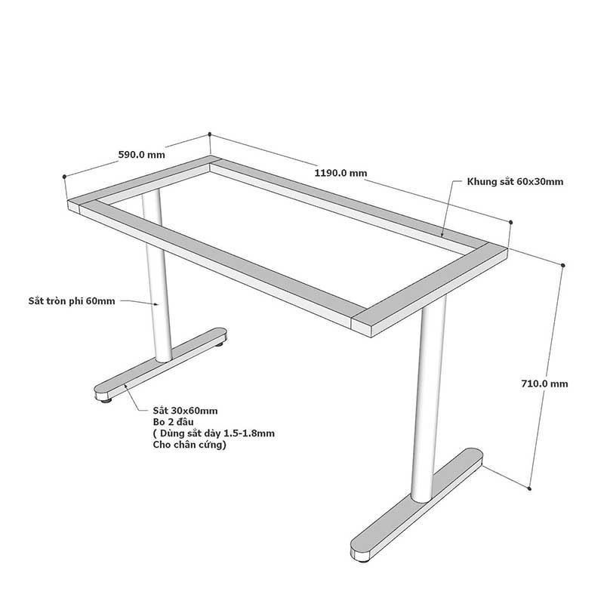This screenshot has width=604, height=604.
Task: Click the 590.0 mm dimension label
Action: coord(141,155)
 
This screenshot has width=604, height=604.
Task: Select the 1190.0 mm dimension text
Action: coord(341,173)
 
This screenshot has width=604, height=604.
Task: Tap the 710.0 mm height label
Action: coord(544,384)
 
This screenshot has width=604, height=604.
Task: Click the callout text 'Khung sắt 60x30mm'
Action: coord(515,181)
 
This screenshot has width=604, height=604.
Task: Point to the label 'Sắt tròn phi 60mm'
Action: coord(72,300)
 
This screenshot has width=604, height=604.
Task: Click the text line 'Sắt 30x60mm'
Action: coord(185,411)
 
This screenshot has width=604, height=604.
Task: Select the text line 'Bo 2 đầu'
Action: coord(174,422)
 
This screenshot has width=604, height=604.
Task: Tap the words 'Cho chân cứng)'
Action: coord(190,445)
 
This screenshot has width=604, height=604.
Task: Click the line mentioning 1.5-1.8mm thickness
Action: coord(214,433)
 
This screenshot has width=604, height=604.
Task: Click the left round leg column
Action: coord(158,277)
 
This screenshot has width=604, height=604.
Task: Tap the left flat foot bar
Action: coord(161,363)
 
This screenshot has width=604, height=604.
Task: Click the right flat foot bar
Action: coord(417,504)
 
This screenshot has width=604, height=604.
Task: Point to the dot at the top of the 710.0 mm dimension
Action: coord(563,266)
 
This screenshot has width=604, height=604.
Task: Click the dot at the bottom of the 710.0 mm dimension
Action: coord(530,488)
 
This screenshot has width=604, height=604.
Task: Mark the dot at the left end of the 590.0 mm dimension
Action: coord(64,177)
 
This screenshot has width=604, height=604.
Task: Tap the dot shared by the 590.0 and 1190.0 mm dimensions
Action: coord(210,134)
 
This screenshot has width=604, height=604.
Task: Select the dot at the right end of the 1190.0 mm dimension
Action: coord(511,222)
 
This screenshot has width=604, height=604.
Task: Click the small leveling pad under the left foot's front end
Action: coord(106,401)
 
